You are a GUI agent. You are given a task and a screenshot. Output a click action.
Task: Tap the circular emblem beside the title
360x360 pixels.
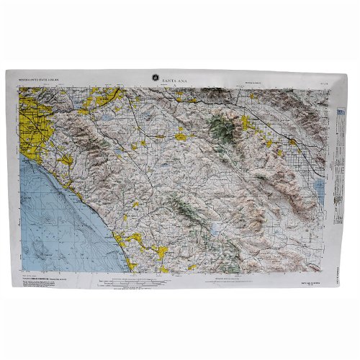tap(153, 78)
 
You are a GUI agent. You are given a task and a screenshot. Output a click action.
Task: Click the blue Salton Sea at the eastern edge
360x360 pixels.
tap(318, 189)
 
